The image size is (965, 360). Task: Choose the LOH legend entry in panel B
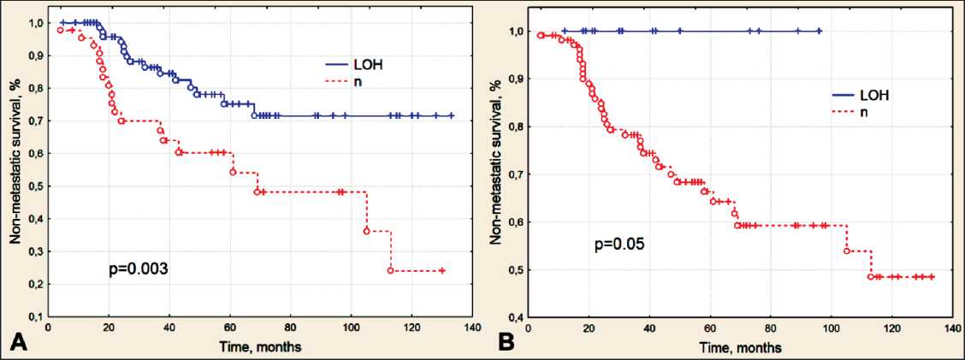[872, 95]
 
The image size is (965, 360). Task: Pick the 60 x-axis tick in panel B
[709, 328]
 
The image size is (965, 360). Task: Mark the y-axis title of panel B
[494, 162]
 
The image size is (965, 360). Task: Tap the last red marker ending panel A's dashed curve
[442, 270]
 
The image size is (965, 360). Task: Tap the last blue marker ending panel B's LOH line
[820, 31]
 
